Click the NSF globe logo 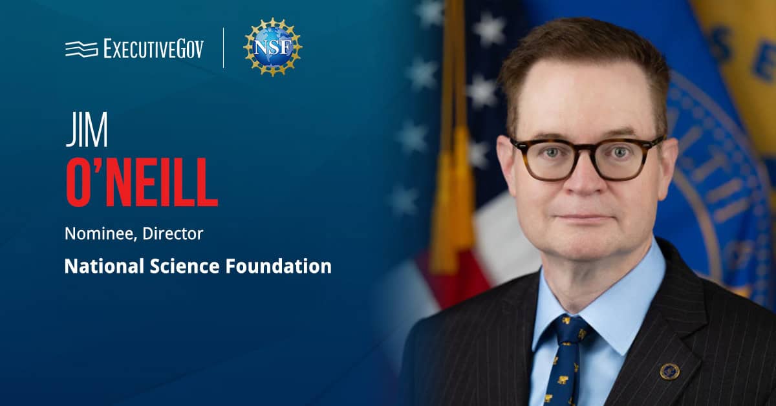pyautogui.click(x=272, y=47)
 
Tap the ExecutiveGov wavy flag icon pyautogui.click(x=81, y=48)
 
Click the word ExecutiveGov pyautogui.click(x=153, y=48)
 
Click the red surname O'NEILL pyautogui.click(x=141, y=186)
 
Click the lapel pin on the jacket pyautogui.click(x=668, y=370)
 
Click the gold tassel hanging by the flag pyautogui.click(x=446, y=207)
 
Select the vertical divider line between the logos pyautogui.click(x=224, y=48)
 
